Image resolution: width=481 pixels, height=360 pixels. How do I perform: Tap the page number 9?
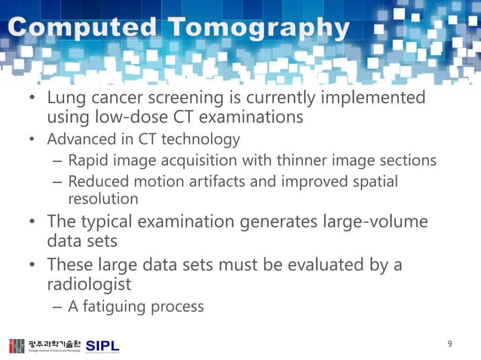click(450, 344)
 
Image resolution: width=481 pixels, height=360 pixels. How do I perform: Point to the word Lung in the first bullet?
click(66, 99)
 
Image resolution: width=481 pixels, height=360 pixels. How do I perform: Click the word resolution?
click(103, 199)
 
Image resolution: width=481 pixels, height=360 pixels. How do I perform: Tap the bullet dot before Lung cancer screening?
click(33, 99)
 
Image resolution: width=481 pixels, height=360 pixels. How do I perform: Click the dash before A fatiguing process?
click(57, 307)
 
